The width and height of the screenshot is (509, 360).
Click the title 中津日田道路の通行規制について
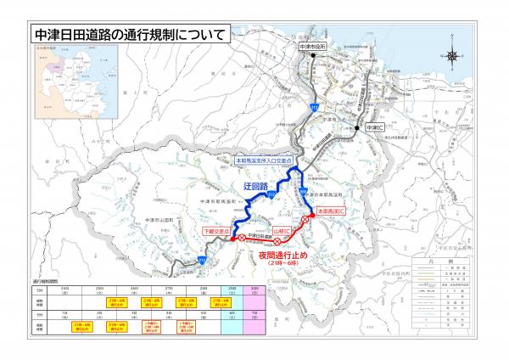[x=127, y=37]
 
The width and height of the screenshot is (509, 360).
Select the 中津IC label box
[x=373, y=127]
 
